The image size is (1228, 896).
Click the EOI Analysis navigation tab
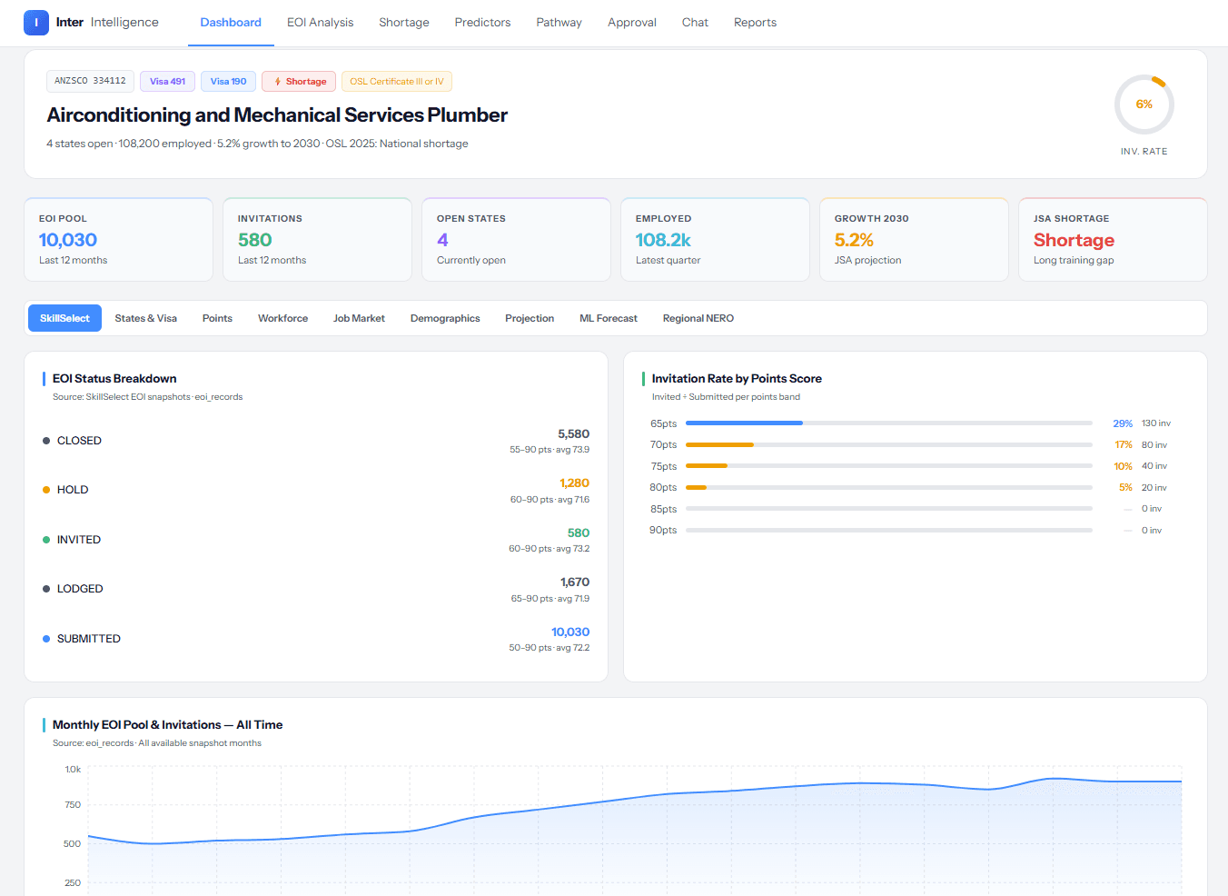(x=320, y=23)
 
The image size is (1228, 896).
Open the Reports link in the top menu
(x=755, y=23)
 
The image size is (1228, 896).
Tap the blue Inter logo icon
(x=36, y=23)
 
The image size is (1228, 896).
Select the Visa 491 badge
(x=168, y=81)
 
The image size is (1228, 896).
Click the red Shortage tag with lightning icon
(x=299, y=81)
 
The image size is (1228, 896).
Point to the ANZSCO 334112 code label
(x=90, y=81)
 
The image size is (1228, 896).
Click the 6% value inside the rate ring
(x=1144, y=105)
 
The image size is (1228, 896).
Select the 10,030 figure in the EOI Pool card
(x=68, y=240)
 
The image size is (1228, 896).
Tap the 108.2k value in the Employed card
(x=663, y=240)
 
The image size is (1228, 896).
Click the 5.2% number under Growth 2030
(x=854, y=240)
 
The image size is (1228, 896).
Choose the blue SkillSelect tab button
(x=64, y=318)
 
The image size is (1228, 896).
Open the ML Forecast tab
(x=608, y=318)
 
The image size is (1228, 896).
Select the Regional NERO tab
(x=698, y=318)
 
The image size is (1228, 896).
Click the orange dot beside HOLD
(x=46, y=490)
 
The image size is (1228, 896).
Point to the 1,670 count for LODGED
(x=575, y=582)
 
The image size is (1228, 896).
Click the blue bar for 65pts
(x=744, y=423)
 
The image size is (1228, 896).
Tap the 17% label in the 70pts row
(x=1124, y=444)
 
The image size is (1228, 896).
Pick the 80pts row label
(x=663, y=487)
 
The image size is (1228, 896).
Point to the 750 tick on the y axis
(x=73, y=804)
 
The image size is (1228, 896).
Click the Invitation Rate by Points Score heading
(x=737, y=378)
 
